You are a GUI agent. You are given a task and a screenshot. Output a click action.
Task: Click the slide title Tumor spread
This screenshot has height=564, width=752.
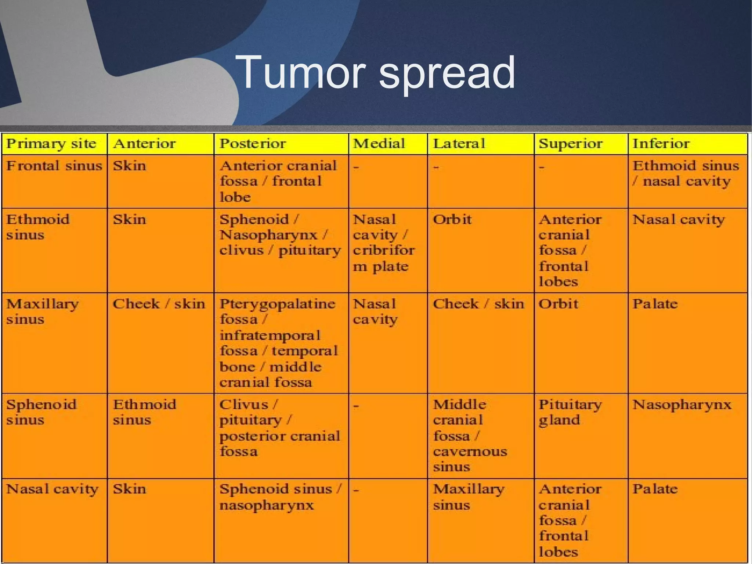coord(375,72)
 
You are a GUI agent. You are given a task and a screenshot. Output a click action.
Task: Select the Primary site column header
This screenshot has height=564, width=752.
coord(51,144)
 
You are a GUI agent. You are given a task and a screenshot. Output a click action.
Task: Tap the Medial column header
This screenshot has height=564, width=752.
coord(379,144)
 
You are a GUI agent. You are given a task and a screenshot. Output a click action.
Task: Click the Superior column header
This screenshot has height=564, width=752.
coord(571,144)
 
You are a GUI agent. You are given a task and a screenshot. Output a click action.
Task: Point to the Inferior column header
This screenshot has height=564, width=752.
coord(661,144)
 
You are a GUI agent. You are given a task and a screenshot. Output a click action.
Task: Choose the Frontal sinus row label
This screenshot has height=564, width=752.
coord(54,166)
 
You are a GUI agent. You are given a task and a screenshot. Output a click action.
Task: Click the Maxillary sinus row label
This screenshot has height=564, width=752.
coord(43,312)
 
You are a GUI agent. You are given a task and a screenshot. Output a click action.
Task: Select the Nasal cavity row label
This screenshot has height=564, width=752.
coord(53,489)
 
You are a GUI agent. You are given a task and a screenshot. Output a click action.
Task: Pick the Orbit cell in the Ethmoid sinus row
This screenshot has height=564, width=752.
coord(452,220)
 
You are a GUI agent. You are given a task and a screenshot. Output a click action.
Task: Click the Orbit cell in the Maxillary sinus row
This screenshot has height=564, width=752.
coord(558,304)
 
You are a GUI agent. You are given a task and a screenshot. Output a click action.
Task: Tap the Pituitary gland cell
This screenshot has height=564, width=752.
coord(570,412)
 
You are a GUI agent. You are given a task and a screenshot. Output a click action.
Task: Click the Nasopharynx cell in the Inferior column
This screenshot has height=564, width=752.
coord(682,405)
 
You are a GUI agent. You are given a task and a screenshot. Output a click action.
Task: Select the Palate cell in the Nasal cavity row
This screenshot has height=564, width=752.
coord(655,489)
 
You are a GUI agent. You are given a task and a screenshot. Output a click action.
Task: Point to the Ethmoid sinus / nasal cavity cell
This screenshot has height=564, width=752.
coord(685,173)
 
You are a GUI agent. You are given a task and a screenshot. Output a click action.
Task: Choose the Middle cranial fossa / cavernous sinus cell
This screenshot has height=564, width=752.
coord(470,436)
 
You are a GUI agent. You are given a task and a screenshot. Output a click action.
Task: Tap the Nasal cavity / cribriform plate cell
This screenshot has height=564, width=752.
coord(384,243)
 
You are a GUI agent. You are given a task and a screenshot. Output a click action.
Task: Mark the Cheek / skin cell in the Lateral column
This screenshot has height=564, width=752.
coord(478,304)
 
